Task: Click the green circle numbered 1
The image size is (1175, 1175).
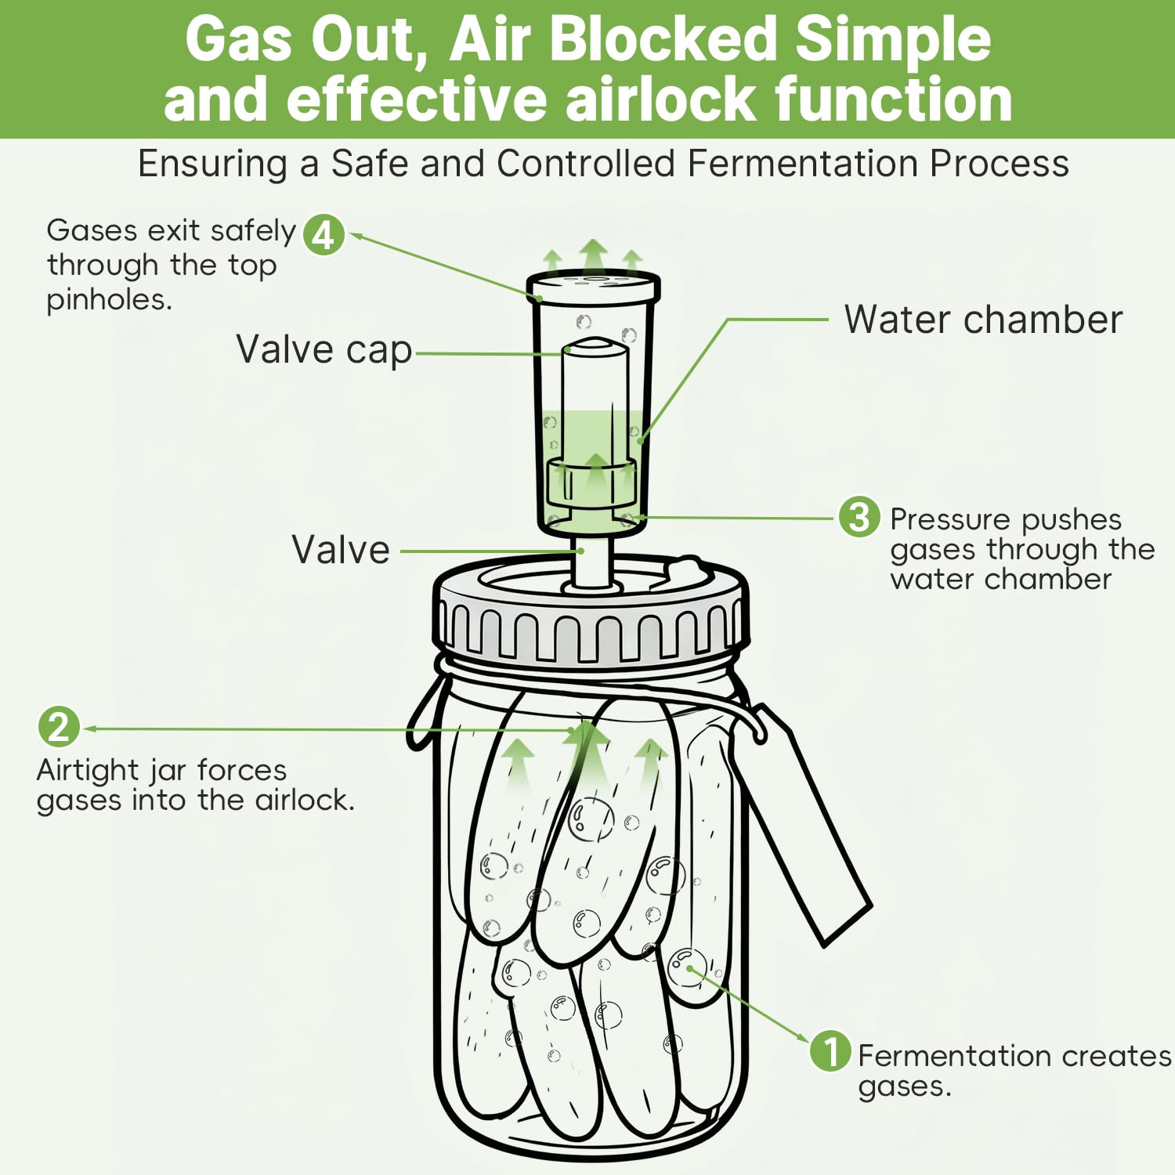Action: coord(830,1050)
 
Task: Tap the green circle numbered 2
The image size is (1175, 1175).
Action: coord(59,727)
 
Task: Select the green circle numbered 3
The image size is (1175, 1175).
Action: coord(859,517)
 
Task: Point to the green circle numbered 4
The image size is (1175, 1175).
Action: coord(324,233)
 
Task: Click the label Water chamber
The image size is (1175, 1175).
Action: coord(983,320)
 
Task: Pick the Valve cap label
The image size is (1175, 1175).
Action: coord(324,350)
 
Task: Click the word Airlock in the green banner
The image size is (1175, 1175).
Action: coord(661,99)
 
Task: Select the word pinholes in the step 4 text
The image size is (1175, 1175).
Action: coord(109,299)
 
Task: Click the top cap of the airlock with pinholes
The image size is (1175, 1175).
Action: coord(593,287)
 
